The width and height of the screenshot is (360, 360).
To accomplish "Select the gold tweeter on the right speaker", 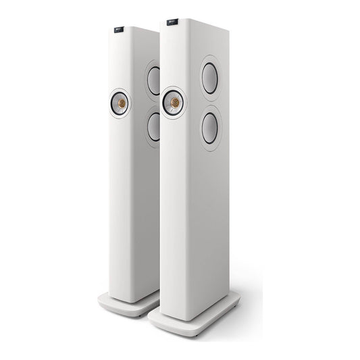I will [x=175, y=103].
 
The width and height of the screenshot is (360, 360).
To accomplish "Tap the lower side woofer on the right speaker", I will [x=210, y=128].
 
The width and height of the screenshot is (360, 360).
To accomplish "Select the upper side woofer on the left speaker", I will [x=154, y=80].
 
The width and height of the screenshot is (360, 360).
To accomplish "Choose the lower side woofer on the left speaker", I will [x=154, y=126].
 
